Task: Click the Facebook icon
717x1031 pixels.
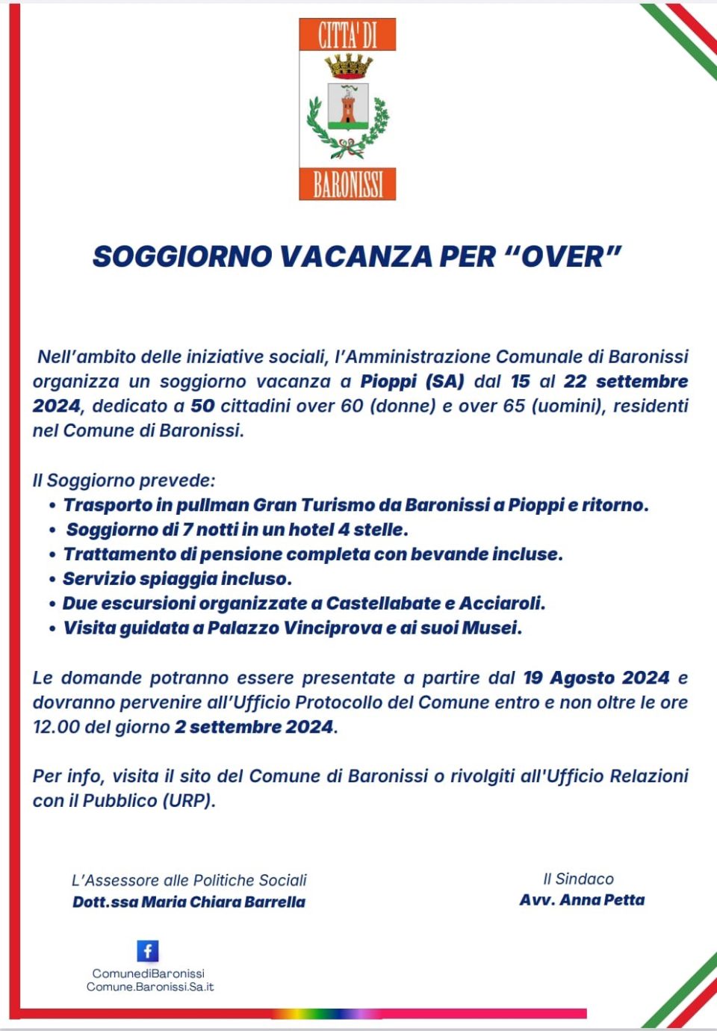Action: [148, 951]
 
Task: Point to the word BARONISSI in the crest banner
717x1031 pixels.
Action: [348, 184]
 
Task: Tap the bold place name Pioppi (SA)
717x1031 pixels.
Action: [412, 381]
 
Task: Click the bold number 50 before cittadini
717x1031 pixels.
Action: [202, 406]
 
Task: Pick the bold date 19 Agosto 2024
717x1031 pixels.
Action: [596, 678]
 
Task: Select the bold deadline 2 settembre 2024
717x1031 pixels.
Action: [254, 727]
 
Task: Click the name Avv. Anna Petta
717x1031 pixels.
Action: [582, 900]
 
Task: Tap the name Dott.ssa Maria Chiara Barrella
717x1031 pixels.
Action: [189, 902]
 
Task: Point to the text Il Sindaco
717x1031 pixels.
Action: [578, 879]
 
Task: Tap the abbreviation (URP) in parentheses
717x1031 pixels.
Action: [188, 801]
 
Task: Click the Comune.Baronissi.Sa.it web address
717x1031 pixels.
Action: [150, 987]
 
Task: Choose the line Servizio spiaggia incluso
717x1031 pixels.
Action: [177, 578]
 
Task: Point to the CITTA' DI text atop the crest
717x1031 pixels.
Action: [348, 36]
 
